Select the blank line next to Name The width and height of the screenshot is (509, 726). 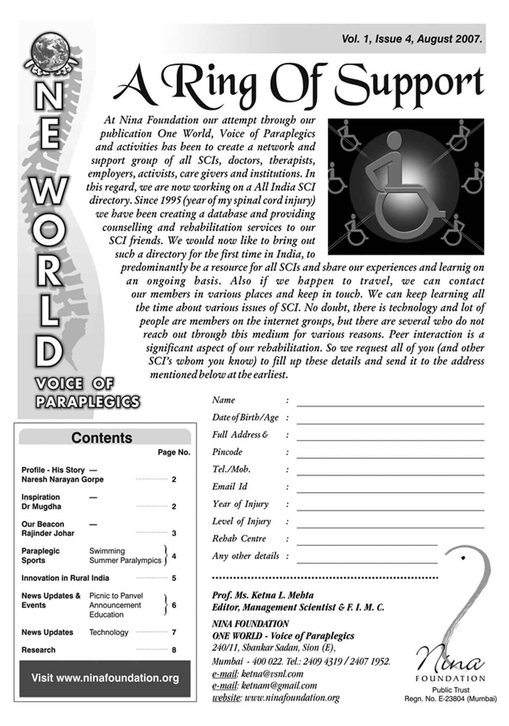pyautogui.click(x=390, y=404)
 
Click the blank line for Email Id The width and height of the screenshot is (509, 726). pyautogui.click(x=390, y=490)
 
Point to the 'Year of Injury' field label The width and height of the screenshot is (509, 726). pyautogui.click(x=240, y=504)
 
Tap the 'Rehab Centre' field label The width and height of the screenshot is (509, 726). pyautogui.click(x=239, y=538)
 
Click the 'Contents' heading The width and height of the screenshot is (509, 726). pyautogui.click(x=102, y=438)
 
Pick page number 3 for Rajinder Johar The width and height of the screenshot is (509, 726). pyautogui.click(x=174, y=533)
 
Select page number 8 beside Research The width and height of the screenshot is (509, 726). pyautogui.click(x=174, y=650)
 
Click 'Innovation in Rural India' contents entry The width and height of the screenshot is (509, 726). pyautogui.click(x=65, y=578)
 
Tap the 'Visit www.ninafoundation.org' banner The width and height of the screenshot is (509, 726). pyautogui.click(x=105, y=678)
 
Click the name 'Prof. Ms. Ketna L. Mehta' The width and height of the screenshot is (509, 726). pyautogui.click(x=263, y=595)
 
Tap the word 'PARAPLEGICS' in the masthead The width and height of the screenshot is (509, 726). pyautogui.click(x=88, y=402)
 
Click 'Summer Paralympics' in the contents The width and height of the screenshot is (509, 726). pyautogui.click(x=125, y=560)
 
